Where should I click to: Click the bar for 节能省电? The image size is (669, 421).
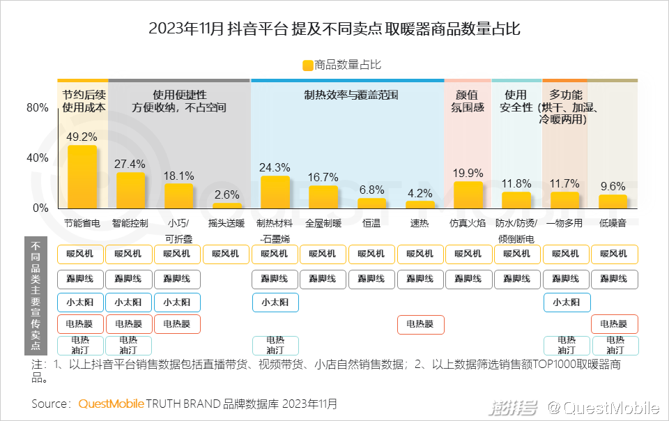point(82,177)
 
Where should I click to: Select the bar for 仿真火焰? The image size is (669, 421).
point(468,195)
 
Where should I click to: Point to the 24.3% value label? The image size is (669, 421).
point(274,168)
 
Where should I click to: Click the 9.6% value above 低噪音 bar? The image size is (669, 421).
point(613,186)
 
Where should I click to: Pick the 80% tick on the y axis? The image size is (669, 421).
point(38,108)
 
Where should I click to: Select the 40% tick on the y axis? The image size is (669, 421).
point(38,158)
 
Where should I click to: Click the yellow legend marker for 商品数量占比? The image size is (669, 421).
point(307,66)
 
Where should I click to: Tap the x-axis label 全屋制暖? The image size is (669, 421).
point(323,224)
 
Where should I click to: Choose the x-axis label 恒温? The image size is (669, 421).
point(371,224)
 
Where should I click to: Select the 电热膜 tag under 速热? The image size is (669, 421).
point(420,324)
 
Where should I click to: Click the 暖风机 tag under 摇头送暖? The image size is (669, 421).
point(226,254)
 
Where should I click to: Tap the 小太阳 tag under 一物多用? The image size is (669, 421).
point(566,303)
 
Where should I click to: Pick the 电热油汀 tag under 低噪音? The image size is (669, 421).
point(614,346)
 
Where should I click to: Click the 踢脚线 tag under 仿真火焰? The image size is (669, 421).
point(468,279)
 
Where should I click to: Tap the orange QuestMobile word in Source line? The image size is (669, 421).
point(111,404)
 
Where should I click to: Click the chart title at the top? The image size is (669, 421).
point(334,29)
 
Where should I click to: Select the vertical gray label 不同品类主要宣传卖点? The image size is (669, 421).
point(36,297)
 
